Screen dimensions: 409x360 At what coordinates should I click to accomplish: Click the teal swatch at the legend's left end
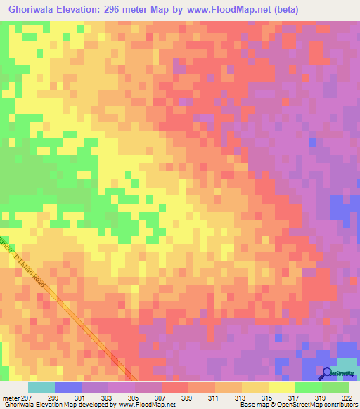[41, 387]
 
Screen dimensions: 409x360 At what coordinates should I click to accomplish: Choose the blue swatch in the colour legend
[67, 387]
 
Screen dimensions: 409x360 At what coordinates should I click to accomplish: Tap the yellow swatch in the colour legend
[282, 387]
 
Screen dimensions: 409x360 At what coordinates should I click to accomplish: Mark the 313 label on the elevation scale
[250, 398]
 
